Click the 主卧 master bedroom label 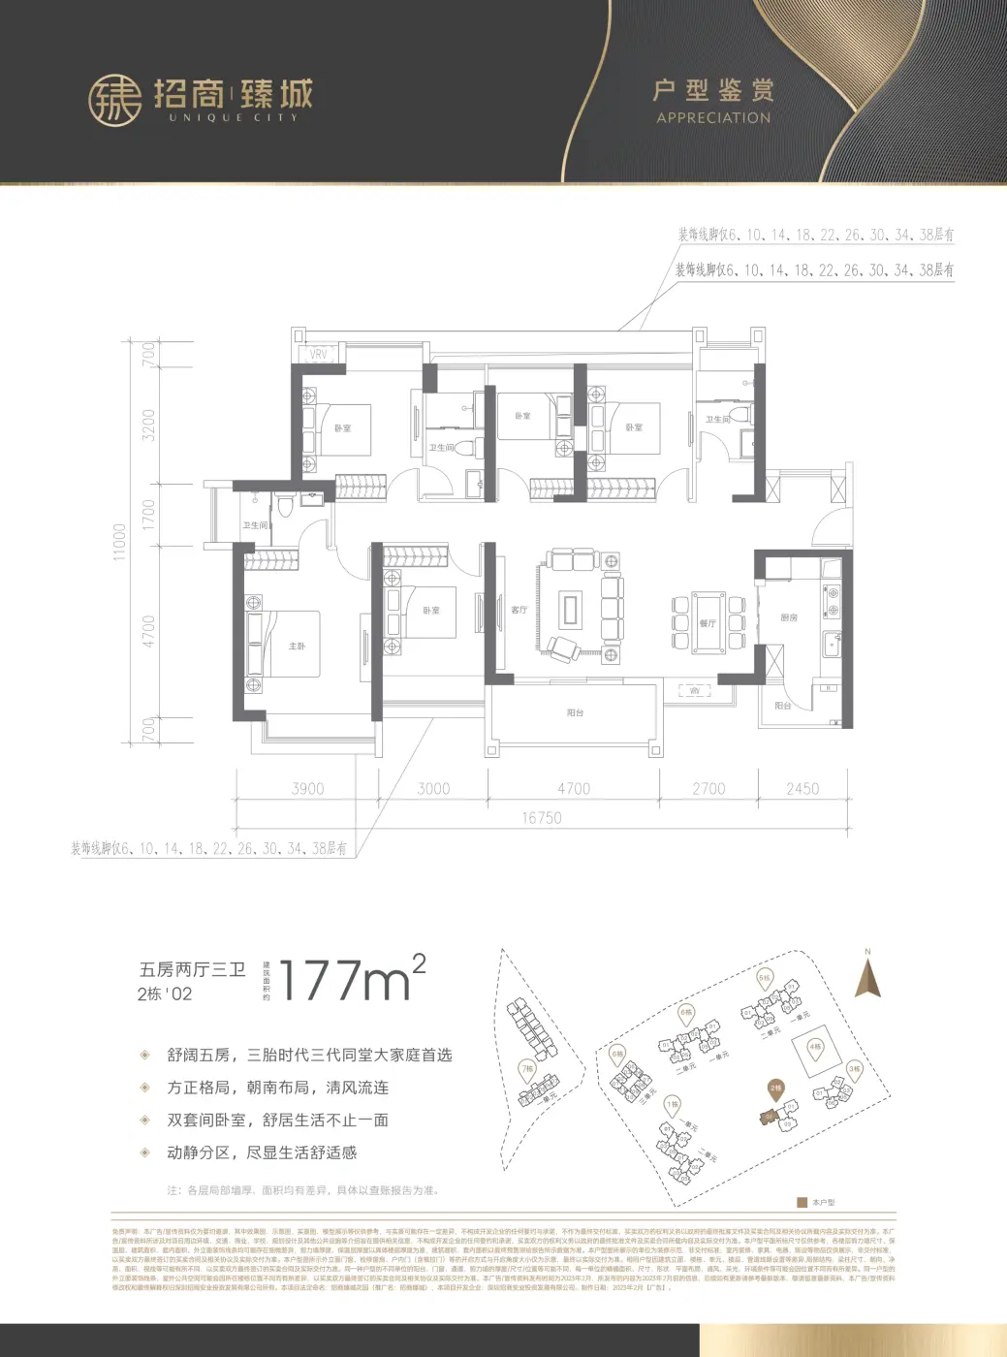pos(297,646)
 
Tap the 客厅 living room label pos(519,610)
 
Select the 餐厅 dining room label pos(708,623)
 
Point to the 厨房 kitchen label pos(789,617)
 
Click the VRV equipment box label pos(318,355)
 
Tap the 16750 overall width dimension pos(541,818)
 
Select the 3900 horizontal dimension pos(307,789)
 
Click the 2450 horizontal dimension pos(802,789)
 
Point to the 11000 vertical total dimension pos(120,541)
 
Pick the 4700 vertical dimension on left pos(148,632)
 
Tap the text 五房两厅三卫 pos(192,969)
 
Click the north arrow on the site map pos(867,976)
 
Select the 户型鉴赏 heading pos(713,91)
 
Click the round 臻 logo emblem pos(115,100)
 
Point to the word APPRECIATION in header pos(713,118)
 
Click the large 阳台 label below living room pos(575,712)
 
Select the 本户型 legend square pos(802,1202)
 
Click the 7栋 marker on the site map pos(527,1069)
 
